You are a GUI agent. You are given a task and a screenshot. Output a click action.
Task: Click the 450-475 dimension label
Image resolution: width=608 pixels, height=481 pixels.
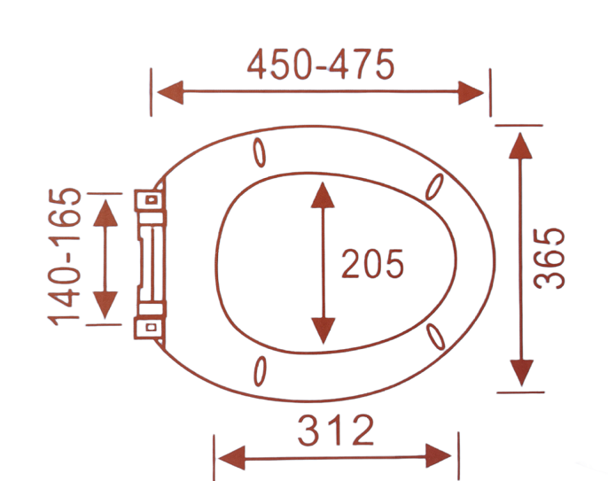[x=321, y=65]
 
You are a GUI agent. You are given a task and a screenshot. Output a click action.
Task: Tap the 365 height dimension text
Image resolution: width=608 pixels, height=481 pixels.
[x=549, y=259]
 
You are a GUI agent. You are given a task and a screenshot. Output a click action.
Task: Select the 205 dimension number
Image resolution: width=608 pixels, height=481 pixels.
[x=372, y=264]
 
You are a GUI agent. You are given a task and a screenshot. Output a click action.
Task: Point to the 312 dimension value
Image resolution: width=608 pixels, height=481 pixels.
[x=336, y=430]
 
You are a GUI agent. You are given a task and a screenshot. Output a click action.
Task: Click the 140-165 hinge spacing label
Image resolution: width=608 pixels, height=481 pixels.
[x=65, y=258]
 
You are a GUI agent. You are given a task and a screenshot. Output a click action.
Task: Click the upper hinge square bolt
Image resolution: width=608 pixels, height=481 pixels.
[x=152, y=200]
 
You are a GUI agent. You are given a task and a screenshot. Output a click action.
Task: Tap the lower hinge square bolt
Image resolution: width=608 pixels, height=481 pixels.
[x=152, y=328]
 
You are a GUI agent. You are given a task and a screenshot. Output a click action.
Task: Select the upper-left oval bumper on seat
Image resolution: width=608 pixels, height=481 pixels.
[x=260, y=152]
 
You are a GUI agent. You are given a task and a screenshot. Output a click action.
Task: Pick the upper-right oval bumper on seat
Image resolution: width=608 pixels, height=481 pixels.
[x=434, y=187]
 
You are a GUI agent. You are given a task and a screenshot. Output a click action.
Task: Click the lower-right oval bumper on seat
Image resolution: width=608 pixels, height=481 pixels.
[x=435, y=337]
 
